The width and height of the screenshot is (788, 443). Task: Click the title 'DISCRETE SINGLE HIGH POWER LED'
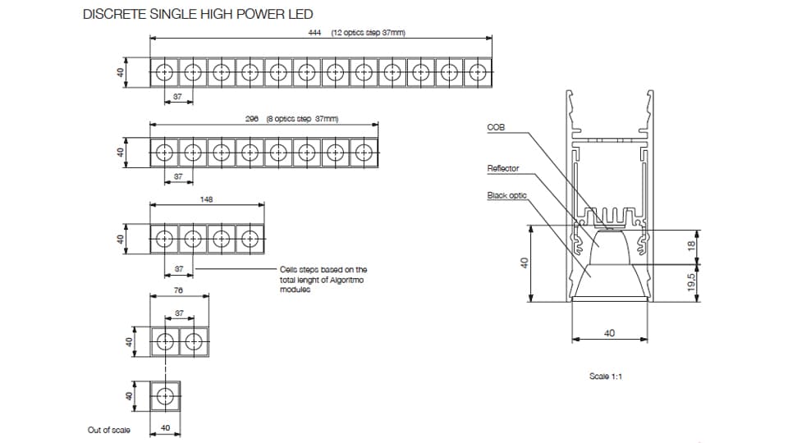coord(198,15)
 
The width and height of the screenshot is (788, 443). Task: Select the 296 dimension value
coord(253,118)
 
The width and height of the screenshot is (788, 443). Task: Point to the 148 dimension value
coord(207,199)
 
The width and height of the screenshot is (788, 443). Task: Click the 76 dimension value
coord(178,290)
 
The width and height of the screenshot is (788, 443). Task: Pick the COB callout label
coord(495,128)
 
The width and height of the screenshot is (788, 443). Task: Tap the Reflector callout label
coord(503,169)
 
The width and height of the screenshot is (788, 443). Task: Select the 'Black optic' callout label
coord(506,196)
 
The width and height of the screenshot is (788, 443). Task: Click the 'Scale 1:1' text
coord(607,376)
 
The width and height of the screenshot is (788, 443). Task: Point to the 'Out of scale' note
coord(109,430)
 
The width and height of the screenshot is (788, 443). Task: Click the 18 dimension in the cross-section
coord(691,244)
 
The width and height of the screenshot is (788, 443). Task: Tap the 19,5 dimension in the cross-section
coord(691,283)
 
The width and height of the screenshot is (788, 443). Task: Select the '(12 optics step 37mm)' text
coord(369,33)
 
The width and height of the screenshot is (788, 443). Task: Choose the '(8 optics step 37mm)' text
coord(302,118)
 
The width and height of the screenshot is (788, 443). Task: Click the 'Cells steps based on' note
coord(323,269)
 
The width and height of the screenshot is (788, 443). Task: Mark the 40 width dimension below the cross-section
coord(609,334)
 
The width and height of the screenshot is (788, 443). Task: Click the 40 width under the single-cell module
coord(165,428)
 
